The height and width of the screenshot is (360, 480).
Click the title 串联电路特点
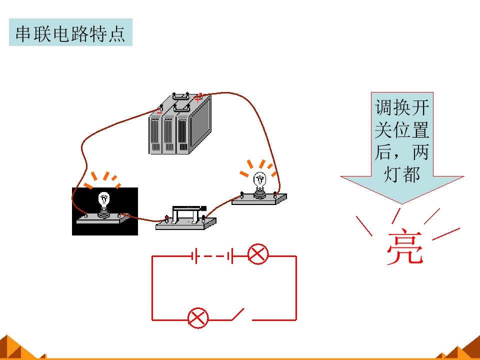coord(70,33)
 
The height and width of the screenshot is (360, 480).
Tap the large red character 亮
coord(405,246)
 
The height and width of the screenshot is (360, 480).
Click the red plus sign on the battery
coord(198,99)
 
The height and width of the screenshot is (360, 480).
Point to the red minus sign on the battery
coord(159,113)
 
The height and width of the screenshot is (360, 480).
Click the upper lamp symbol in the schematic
coord(258,254)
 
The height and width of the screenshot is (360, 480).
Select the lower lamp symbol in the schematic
coord(198,318)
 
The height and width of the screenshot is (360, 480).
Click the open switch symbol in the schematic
coord(238,314)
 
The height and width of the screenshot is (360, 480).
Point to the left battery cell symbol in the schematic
coord(194,256)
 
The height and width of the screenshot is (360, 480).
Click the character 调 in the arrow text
coord(384,107)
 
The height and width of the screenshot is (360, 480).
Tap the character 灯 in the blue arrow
coord(393,174)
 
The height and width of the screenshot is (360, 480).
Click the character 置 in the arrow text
coord(420,130)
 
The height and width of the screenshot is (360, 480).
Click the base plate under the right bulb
coord(259,199)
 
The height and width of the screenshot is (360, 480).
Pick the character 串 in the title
coord(23,33)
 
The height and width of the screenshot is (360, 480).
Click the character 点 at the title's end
coord(116,33)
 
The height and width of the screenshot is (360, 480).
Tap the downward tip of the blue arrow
coord(402,204)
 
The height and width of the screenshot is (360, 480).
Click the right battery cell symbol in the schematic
coord(230,256)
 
